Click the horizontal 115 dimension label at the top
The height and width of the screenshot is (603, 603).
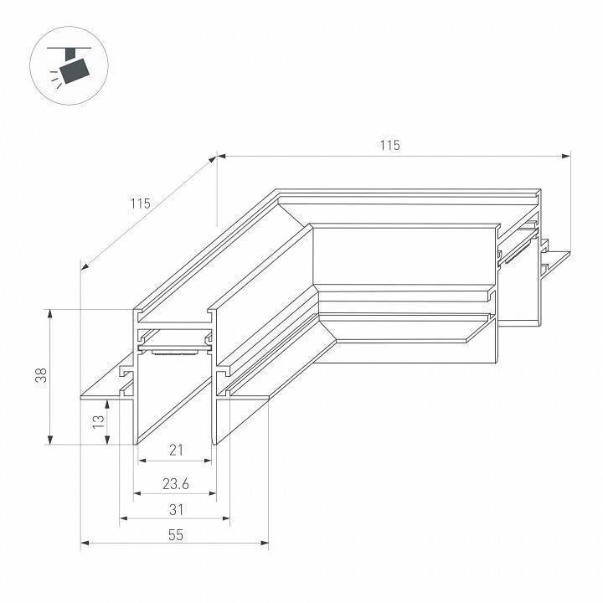pyautogui.click(x=389, y=146)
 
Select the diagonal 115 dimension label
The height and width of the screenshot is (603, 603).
pyautogui.click(x=140, y=204)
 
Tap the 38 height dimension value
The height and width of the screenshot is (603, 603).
pyautogui.click(x=40, y=376)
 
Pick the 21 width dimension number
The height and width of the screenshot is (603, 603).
pyautogui.click(x=176, y=451)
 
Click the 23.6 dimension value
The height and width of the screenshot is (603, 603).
pyautogui.click(x=175, y=483)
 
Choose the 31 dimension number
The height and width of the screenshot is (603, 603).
pyautogui.click(x=176, y=509)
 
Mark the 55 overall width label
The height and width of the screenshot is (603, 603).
pyautogui.click(x=175, y=535)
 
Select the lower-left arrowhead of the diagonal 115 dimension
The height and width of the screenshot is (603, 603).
pyautogui.click(x=84, y=265)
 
